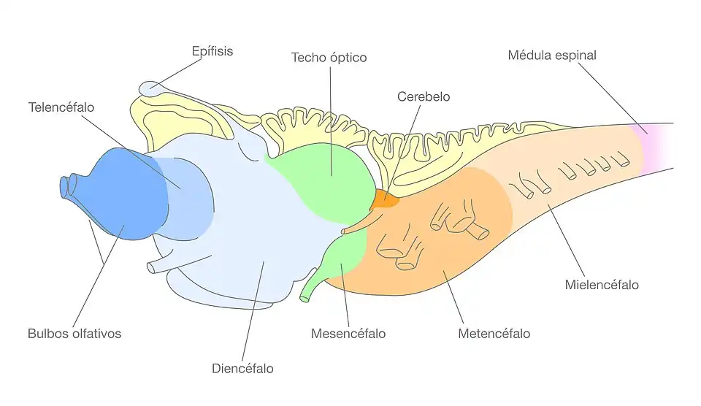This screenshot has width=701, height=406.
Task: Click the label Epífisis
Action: coord(212,52)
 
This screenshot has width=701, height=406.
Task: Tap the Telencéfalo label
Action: coord(61,107)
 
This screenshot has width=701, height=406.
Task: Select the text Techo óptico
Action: coord(329,57)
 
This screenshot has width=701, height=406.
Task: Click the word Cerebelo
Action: coord(424,96)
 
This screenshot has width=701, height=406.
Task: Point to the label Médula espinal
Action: coord(552,55)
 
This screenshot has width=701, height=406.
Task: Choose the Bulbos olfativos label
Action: coord(74,334)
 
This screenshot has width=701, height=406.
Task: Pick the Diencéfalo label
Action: coord(242,369)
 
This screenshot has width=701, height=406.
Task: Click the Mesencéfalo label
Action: coord(348,334)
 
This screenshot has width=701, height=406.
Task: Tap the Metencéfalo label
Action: coord(494,334)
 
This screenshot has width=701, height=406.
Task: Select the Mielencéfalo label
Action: coord(602,284)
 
